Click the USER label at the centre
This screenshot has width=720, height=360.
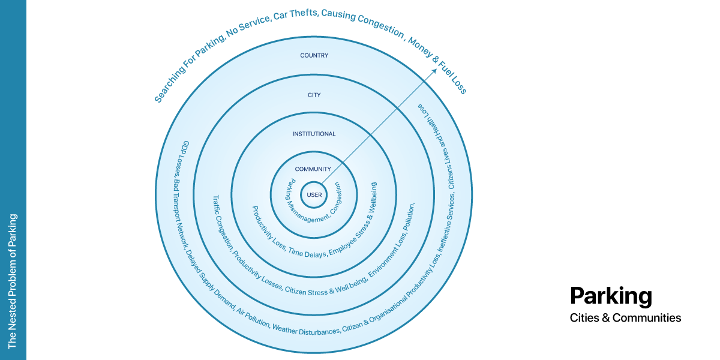314,195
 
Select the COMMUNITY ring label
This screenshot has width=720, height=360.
313,169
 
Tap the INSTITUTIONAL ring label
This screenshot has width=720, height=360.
314,134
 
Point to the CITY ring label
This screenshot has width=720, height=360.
314,95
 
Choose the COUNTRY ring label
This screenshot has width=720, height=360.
314,55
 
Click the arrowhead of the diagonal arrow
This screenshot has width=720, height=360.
434,71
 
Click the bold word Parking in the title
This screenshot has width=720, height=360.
611,296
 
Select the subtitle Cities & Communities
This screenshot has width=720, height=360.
625,317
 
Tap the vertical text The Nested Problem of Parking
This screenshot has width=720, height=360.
12,281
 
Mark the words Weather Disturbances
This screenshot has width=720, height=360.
305,330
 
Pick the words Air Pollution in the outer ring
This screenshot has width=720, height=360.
253,317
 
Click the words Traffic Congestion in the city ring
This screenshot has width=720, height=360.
221,222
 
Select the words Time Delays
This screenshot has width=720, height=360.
307,253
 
